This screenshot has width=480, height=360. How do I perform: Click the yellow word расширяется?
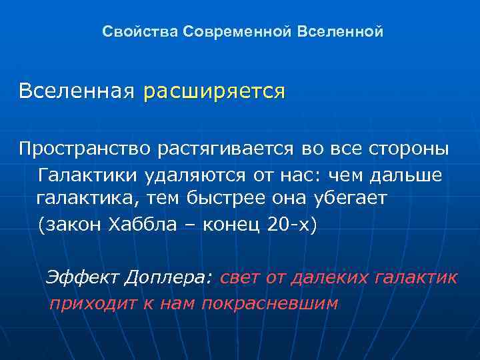coord(214,91)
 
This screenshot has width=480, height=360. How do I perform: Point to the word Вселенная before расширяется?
coord(76,91)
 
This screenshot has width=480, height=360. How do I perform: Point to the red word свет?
coord(239,277)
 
